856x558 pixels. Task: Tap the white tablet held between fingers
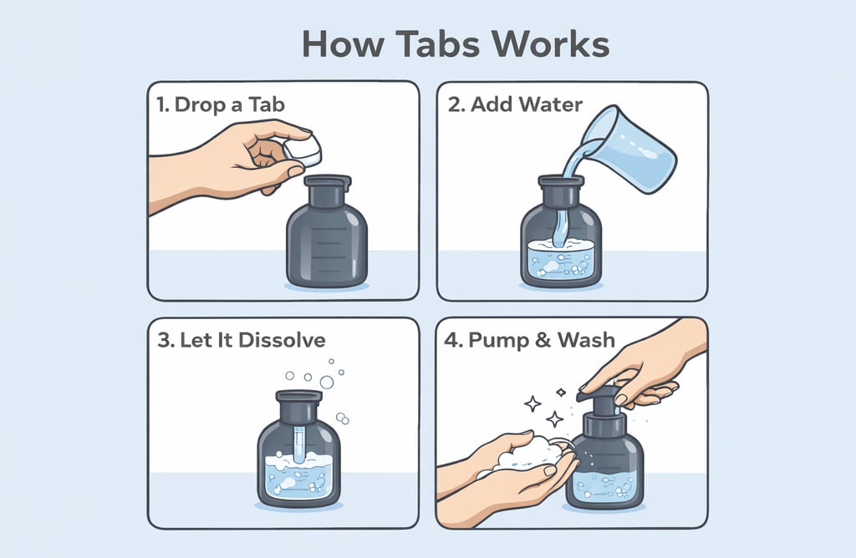tap(301, 150)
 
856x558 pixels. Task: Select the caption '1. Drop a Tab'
tap(221, 104)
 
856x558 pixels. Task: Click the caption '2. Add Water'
tap(515, 104)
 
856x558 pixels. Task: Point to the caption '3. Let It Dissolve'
tap(242, 340)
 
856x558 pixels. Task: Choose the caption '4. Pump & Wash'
tap(529, 340)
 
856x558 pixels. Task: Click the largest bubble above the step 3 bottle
tap(327, 382)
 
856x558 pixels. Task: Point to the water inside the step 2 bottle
tap(561, 260)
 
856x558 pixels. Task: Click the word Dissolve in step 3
tap(282, 340)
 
